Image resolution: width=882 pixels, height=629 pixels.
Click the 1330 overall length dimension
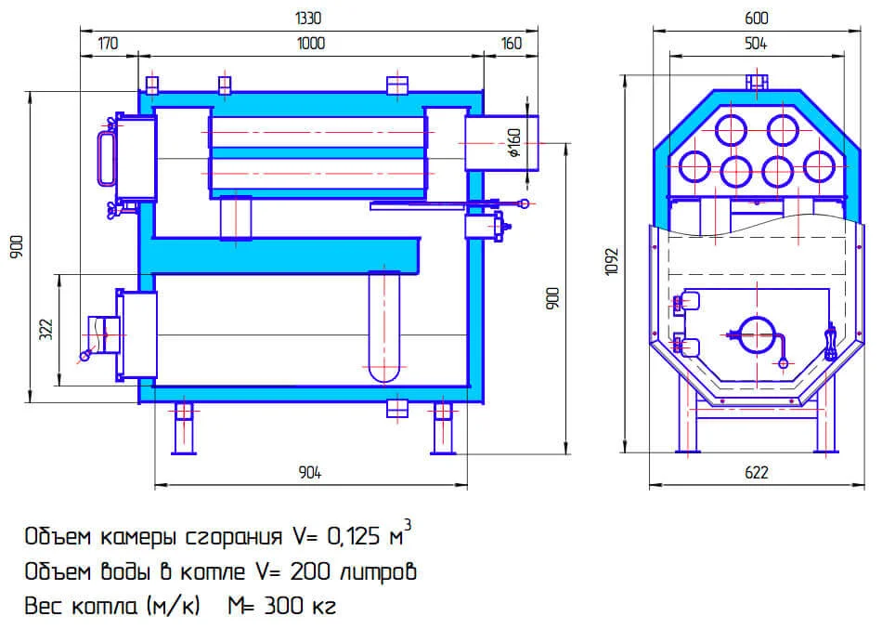coord(310,18)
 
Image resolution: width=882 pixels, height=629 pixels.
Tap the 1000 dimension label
coord(310,43)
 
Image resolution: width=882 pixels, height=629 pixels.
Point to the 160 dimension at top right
coord(511,43)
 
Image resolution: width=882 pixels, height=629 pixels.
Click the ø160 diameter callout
coord(515,143)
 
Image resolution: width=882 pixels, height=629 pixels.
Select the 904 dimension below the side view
coord(310,473)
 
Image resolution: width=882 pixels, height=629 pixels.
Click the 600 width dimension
coord(757,18)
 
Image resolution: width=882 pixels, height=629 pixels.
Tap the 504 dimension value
coord(757,43)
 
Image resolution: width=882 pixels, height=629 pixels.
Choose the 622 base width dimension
coord(757,473)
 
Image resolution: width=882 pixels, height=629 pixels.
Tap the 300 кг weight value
coord(298,607)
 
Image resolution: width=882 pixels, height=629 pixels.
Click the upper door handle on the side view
coord(103,153)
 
